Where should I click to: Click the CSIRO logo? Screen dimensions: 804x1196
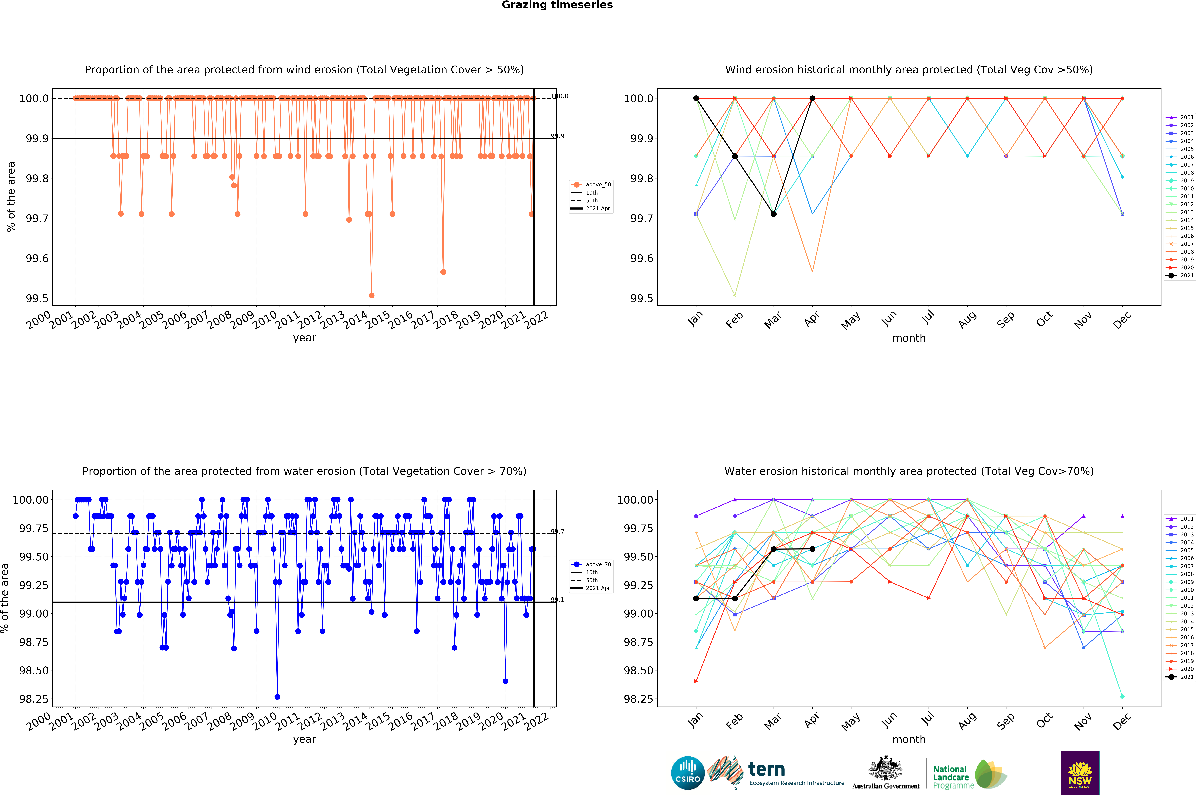point(687,773)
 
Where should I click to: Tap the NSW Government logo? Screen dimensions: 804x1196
point(1080,773)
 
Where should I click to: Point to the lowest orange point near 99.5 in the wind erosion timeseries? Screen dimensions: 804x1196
point(371,295)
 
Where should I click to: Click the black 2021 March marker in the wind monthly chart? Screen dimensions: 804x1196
point(774,214)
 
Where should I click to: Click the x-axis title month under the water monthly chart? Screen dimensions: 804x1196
point(909,739)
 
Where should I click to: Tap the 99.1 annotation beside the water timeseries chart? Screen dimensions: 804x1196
point(557,599)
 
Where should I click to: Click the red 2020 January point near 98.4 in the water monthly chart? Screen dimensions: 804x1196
point(696,681)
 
